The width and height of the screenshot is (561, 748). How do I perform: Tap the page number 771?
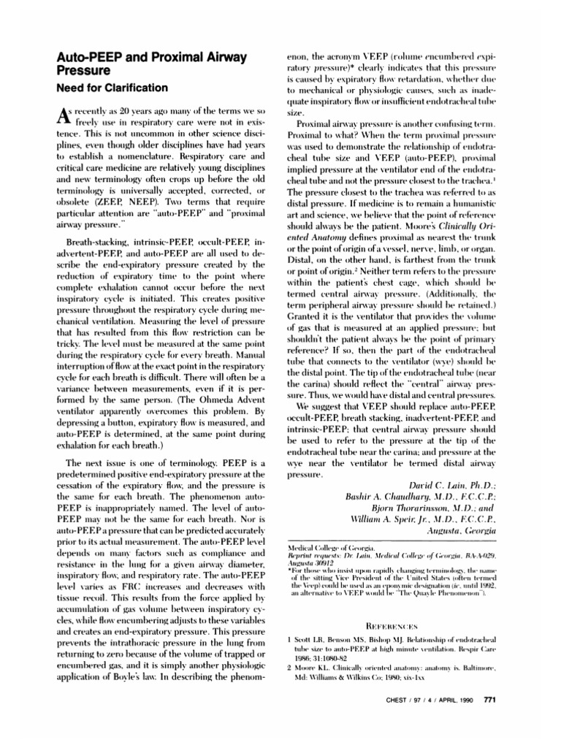[x=490, y=701]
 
